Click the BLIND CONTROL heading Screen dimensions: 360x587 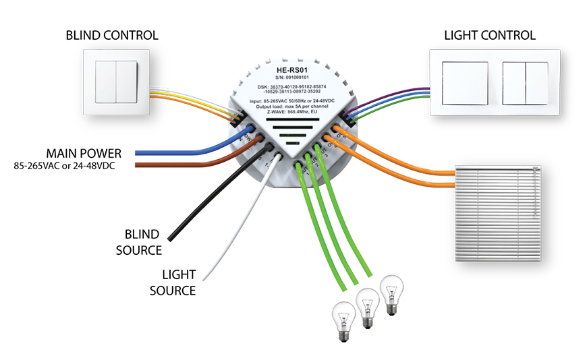[x=112, y=35]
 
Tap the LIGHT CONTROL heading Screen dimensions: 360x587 [x=489, y=35]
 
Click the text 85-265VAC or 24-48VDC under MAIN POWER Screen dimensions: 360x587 [x=65, y=166]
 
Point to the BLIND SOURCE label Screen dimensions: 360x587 [x=142, y=243]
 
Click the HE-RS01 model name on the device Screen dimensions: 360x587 [x=291, y=69]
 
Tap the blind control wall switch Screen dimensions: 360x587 [x=112, y=85]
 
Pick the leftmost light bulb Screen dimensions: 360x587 [x=343, y=318]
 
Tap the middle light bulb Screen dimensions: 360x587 [x=366, y=307]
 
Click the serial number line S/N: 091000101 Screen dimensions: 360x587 [x=291, y=78]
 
